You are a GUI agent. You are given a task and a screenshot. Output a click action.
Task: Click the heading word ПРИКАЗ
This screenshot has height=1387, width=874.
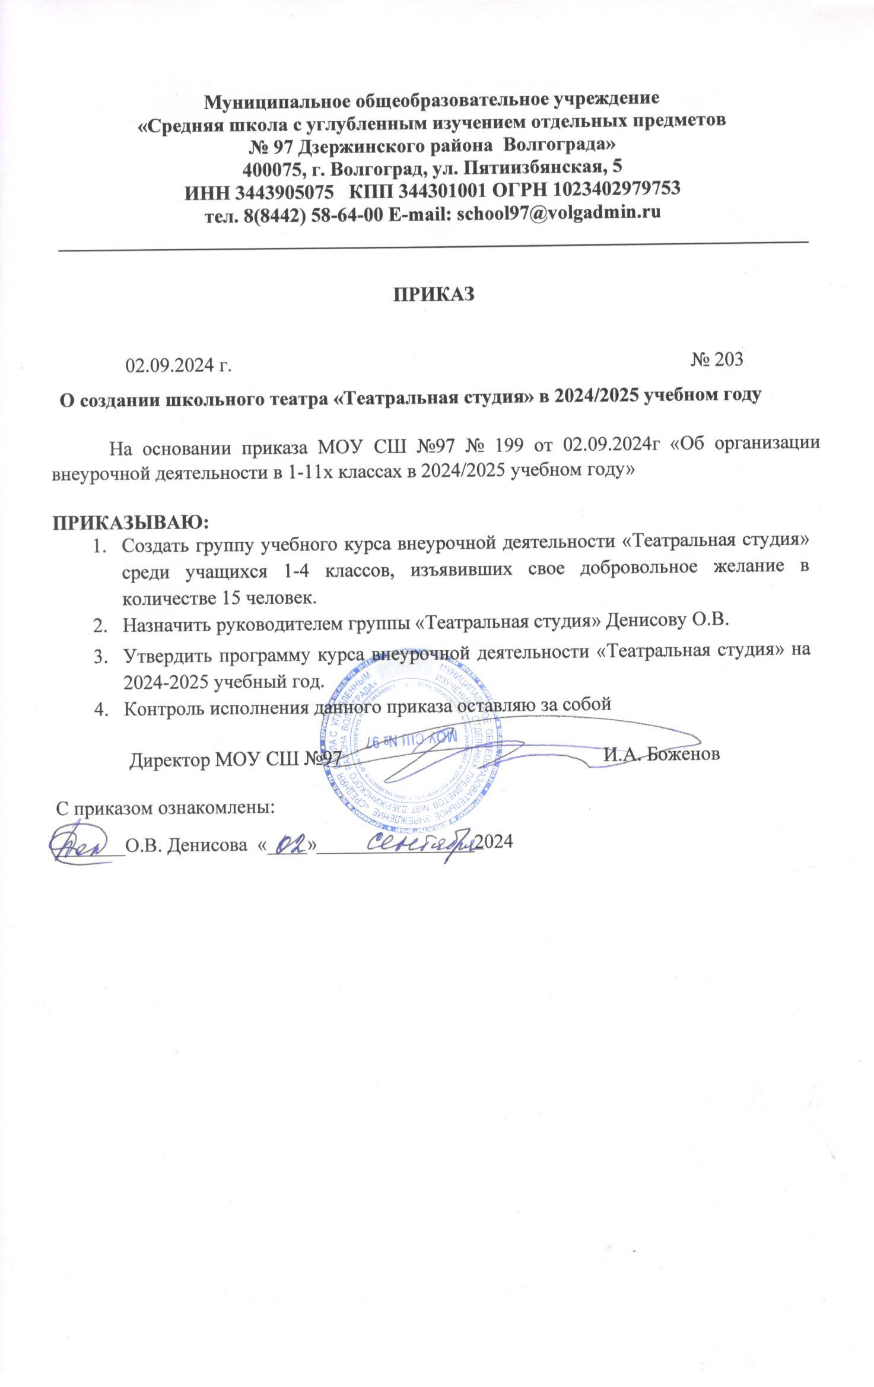coord(436,294)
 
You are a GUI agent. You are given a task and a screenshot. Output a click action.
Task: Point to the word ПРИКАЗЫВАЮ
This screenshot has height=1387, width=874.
coord(132,523)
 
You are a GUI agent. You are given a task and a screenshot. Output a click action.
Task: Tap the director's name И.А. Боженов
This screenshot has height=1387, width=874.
coord(662,754)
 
